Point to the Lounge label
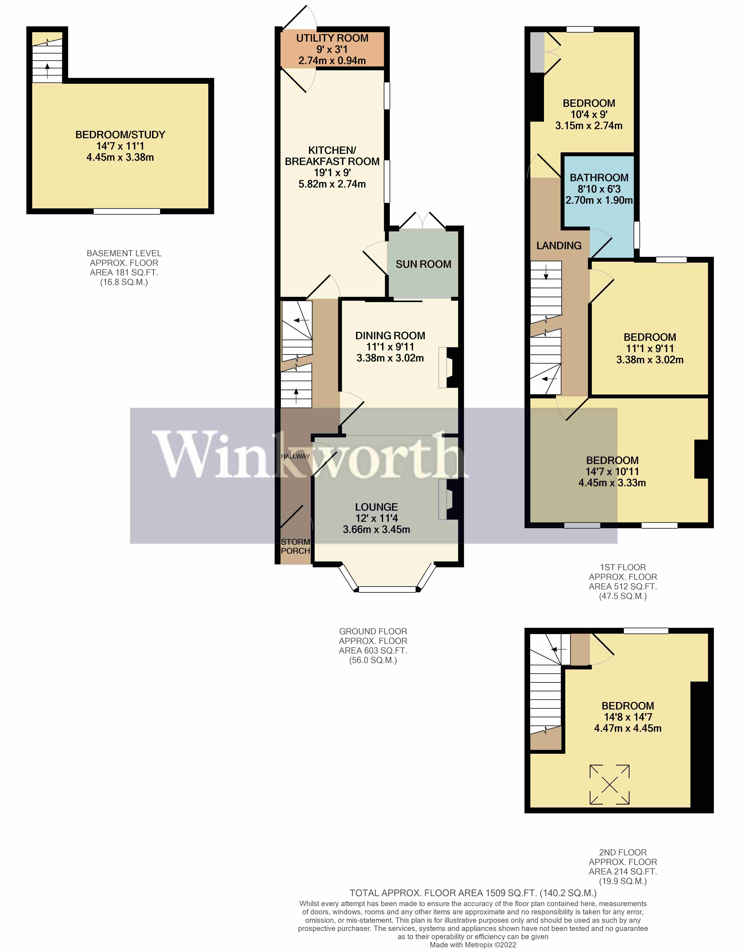[376, 507]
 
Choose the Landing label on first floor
[559, 246]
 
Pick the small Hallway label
[295, 456]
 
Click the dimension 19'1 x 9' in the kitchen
[332, 173]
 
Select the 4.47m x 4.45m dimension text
[628, 728]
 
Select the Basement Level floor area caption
[124, 268]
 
